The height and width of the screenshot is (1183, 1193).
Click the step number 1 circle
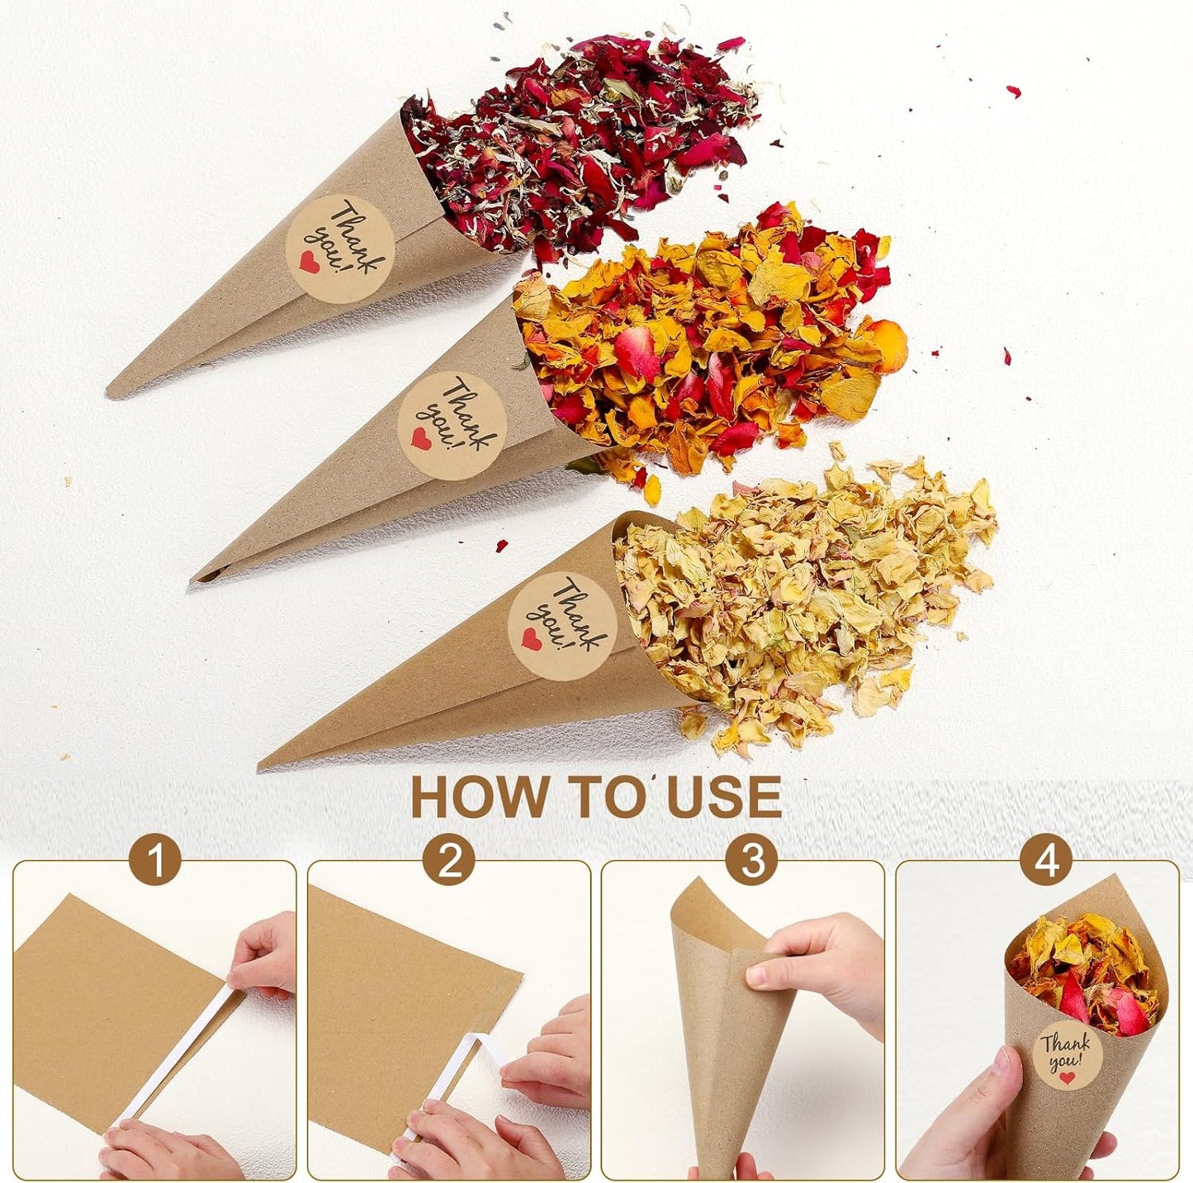[x=154, y=862]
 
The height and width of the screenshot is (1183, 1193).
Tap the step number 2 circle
[x=449, y=862]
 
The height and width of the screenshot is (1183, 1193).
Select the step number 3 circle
[x=751, y=862]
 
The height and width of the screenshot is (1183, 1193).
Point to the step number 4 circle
[x=1047, y=862]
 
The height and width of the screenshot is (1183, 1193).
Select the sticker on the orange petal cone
[x=452, y=425]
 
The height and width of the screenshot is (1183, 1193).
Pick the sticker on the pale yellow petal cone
[x=562, y=626]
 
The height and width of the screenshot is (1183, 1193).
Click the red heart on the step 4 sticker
[x=1069, y=1078]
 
